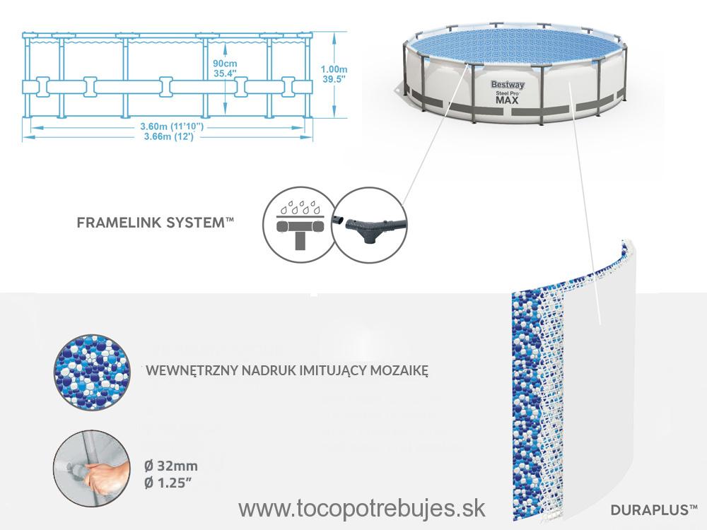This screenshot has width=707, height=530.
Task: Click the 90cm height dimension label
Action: (x=225, y=64)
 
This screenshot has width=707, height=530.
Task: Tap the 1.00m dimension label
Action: (x=334, y=69)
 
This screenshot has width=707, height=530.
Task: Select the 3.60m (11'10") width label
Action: (x=172, y=126)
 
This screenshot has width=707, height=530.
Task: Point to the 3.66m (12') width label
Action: (x=169, y=136)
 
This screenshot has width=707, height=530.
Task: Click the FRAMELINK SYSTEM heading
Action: (x=156, y=222)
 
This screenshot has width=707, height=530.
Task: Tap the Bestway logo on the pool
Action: (x=508, y=85)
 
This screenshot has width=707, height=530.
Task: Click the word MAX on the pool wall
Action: (x=507, y=100)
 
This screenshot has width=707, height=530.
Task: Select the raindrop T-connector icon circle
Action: (x=298, y=224)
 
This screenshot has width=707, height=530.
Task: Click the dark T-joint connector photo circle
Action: (x=369, y=224)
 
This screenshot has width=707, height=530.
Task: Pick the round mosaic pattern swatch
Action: (x=93, y=372)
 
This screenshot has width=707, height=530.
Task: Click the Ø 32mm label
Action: (x=171, y=466)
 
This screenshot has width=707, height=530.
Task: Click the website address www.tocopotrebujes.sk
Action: (x=361, y=508)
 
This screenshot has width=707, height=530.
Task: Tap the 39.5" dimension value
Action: (x=334, y=79)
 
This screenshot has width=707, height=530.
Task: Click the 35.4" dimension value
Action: (x=225, y=73)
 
